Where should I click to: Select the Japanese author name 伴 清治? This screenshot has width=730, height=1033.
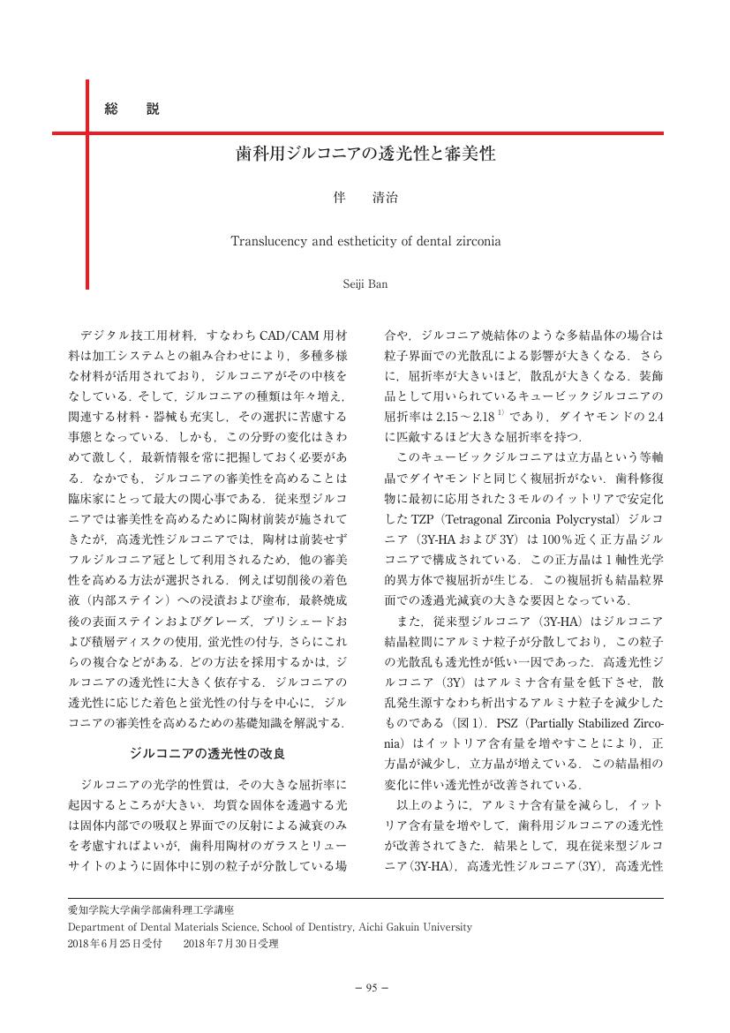pyautogui.click(x=365, y=199)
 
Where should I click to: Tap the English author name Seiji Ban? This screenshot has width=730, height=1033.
pyautogui.click(x=365, y=284)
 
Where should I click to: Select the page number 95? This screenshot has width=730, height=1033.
pyautogui.click(x=365, y=987)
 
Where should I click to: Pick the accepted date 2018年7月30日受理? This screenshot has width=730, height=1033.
pyautogui.click(x=231, y=944)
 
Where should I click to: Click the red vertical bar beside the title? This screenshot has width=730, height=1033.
pyautogui.click(x=87, y=185)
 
